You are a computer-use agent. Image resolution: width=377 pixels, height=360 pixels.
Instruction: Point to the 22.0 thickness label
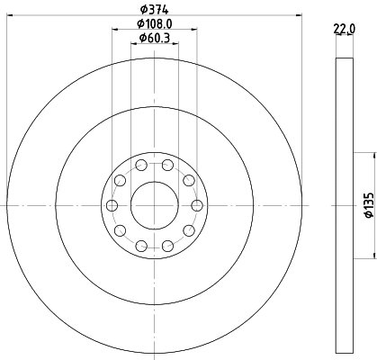coord(344,29)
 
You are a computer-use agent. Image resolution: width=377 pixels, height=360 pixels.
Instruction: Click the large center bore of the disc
coord(155,205)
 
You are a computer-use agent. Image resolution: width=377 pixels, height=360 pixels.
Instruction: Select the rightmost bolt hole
coord(197,206)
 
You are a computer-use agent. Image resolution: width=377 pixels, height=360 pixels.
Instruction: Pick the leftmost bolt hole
coord(112,206)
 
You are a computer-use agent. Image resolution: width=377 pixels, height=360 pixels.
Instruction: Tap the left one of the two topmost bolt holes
coord(141,165)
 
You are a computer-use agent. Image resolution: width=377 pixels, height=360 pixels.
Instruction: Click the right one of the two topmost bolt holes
coord(168,165)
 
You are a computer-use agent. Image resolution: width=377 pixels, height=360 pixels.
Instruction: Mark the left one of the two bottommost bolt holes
coord(141,246)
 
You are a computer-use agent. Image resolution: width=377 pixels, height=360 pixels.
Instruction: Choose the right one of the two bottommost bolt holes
coord(168,246)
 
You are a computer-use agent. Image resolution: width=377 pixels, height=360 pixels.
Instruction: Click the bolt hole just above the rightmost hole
coord(189,181)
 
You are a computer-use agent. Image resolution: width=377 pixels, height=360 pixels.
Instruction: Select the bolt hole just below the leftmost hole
coord(120,230)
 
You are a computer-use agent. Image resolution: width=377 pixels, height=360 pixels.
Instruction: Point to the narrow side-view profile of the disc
coord(344,205)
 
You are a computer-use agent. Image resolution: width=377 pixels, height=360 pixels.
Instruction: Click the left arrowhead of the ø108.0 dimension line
coord(114,31)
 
